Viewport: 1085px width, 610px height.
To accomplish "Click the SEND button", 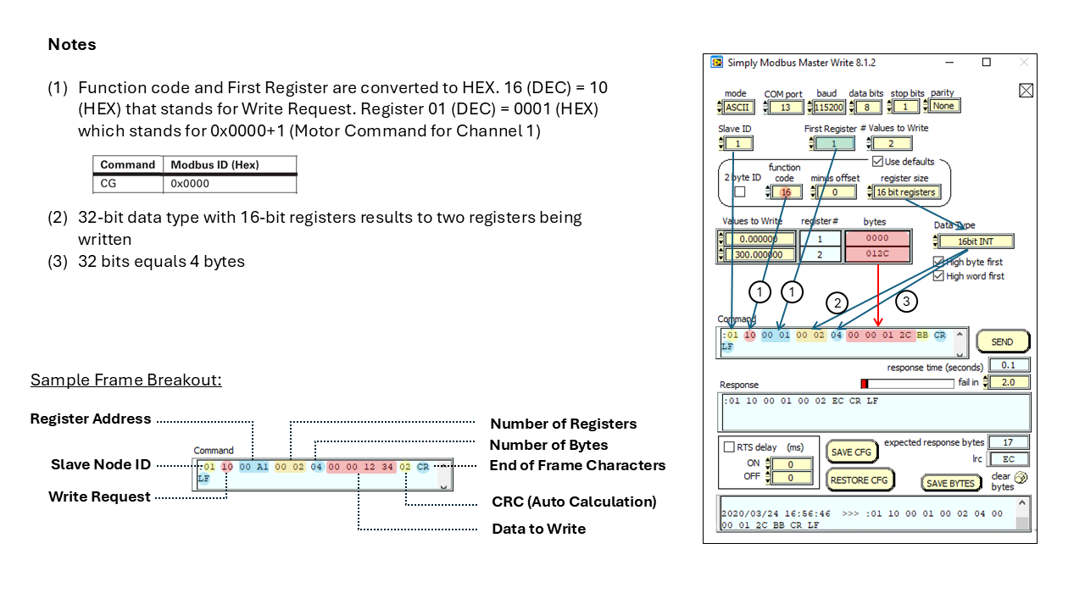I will click(x=1002, y=341).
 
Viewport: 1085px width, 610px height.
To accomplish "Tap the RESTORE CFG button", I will click(x=860, y=480).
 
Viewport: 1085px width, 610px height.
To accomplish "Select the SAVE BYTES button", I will click(x=950, y=483).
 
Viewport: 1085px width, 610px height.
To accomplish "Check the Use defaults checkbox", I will click(x=877, y=161).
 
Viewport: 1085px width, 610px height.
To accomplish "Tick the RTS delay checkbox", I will click(x=729, y=447).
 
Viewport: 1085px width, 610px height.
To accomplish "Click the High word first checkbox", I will click(x=938, y=276).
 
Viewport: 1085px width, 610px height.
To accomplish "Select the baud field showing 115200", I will click(x=829, y=107).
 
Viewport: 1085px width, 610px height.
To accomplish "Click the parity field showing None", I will click(x=944, y=106).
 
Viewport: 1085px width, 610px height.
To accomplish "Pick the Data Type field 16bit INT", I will click(x=976, y=241).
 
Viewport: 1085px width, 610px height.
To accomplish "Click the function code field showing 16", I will click(x=786, y=192).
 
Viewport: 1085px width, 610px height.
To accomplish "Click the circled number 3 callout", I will click(x=905, y=300).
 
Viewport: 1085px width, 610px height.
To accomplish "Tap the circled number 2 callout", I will click(x=837, y=302).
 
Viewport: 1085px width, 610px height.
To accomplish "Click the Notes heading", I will click(x=72, y=44).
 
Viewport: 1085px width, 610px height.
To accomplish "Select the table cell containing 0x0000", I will click(x=229, y=183).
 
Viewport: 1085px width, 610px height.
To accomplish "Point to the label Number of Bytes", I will click(x=548, y=445).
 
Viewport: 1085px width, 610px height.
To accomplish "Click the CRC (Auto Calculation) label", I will click(x=574, y=502).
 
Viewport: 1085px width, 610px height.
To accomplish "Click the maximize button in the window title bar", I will click(x=986, y=63).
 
